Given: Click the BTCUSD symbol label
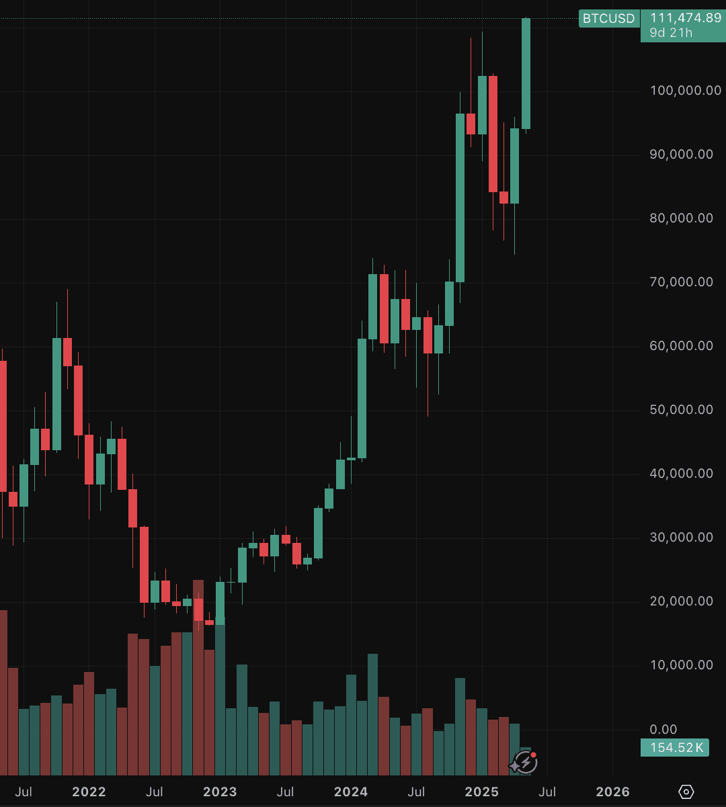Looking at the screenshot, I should coord(608,18).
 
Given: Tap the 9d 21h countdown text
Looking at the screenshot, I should coord(671,32).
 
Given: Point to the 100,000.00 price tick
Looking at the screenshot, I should coord(686,91).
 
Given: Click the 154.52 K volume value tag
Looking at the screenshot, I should coord(674,747).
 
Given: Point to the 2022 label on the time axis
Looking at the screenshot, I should coord(89,792).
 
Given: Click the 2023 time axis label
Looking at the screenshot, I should coord(220,792).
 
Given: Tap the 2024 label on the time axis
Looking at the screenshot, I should coord(352,792).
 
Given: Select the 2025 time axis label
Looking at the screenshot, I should coord(482,792).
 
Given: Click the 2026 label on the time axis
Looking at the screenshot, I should coord(613,792).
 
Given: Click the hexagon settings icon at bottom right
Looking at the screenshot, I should coord(686,792).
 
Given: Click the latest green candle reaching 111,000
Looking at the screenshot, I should coord(526,74).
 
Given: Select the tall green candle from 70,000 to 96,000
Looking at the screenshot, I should coord(460,198).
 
